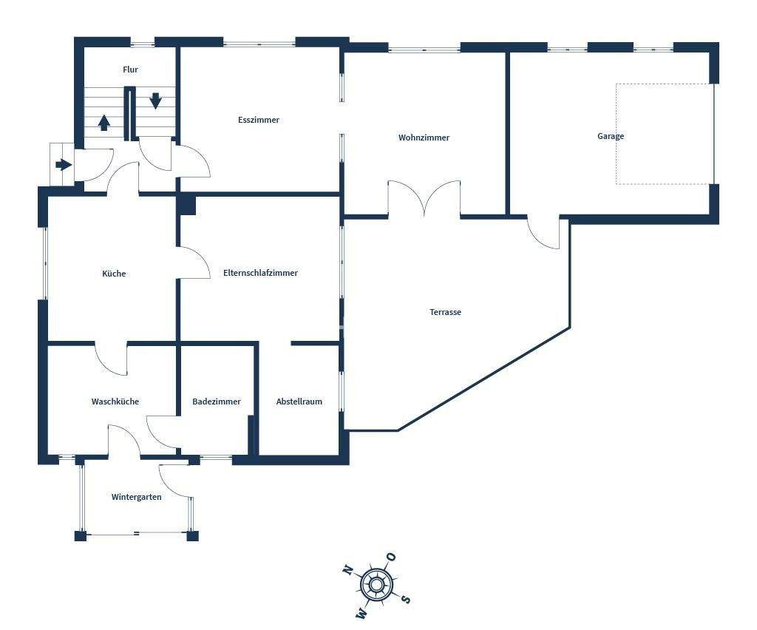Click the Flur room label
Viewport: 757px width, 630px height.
(x=130, y=70)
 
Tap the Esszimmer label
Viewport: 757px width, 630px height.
(x=259, y=120)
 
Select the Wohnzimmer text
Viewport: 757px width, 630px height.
(x=424, y=138)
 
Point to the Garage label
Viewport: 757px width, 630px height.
(x=611, y=136)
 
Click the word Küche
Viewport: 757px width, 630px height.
(x=114, y=274)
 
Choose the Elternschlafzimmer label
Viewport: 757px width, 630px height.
(x=260, y=273)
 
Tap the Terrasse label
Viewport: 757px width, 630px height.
(x=445, y=312)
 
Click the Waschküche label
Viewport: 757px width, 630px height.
(x=115, y=402)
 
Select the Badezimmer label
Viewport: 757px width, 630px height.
(x=216, y=402)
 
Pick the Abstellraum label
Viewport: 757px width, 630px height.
(x=299, y=402)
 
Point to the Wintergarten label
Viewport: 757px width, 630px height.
(x=136, y=497)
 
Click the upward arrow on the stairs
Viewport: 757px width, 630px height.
(x=104, y=122)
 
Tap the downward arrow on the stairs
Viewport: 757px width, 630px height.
(x=155, y=100)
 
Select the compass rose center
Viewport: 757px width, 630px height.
(x=376, y=586)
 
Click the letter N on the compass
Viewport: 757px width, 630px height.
(x=347, y=570)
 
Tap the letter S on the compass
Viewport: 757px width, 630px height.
(x=405, y=600)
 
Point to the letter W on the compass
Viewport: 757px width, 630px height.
(x=362, y=613)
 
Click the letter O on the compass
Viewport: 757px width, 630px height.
(x=391, y=557)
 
